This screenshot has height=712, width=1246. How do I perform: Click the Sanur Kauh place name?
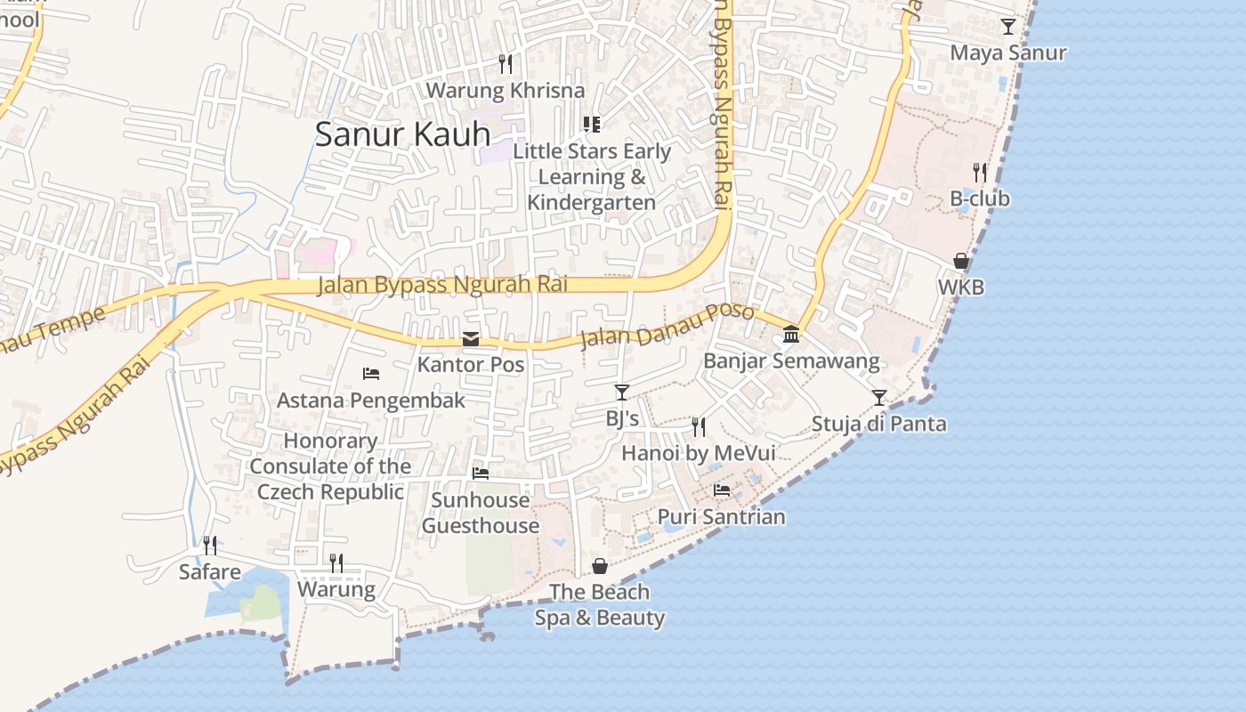click(402, 133)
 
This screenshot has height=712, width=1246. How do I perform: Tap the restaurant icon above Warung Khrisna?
click(506, 63)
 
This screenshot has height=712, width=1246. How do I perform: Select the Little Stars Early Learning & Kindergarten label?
click(592, 176)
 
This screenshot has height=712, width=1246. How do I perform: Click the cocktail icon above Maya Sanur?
click(1007, 27)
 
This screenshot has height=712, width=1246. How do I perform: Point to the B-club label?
click(980, 198)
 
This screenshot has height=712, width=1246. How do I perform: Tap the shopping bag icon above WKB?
click(961, 261)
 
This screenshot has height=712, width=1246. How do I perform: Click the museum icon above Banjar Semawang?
click(791, 335)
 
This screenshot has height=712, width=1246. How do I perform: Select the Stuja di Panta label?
click(878, 424)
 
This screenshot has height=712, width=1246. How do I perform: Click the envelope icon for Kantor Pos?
click(471, 339)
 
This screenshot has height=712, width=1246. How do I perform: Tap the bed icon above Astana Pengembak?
click(371, 374)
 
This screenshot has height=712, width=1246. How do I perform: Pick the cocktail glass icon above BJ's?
click(622, 392)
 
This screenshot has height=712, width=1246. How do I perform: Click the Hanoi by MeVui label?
click(698, 453)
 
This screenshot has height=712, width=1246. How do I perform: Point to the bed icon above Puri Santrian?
click(722, 490)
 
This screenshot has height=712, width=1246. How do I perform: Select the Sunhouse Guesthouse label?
click(481, 513)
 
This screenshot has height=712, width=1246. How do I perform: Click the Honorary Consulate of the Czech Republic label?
click(330, 465)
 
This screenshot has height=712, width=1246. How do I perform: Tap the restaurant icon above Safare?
click(210, 545)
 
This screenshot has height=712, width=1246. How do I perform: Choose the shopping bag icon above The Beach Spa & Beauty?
click(600, 566)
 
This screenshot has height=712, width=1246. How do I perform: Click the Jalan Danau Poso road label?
click(667, 327)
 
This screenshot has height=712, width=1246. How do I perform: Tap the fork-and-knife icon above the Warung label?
click(336, 562)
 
